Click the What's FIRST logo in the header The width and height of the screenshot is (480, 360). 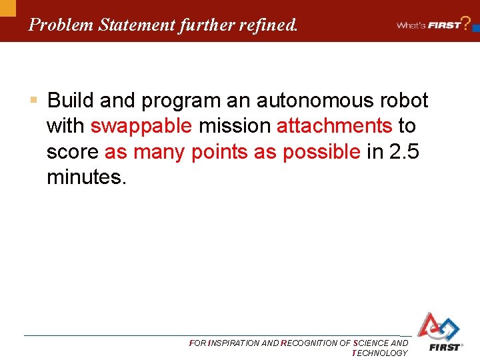click(430, 25)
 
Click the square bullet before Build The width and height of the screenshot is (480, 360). click(34, 101)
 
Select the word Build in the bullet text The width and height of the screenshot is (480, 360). click(71, 101)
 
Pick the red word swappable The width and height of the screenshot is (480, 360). click(141, 126)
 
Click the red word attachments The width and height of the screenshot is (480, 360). click(334, 126)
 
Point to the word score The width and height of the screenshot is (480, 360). click(73, 152)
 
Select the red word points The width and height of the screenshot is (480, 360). click(220, 152)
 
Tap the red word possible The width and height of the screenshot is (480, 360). click(321, 152)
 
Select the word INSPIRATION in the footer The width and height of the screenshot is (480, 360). click(235, 343)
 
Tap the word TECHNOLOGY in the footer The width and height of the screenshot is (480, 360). click(379, 353)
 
